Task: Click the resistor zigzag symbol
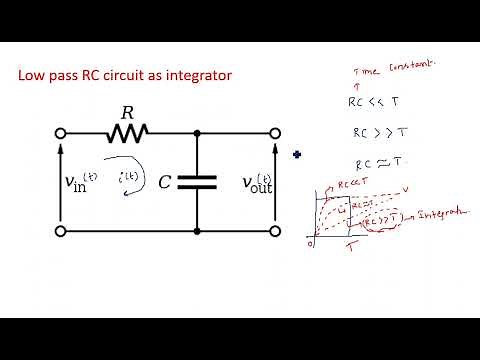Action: coord(128,131)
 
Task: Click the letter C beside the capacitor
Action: coord(166,182)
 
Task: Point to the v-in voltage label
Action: coord(84,182)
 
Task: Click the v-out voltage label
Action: coord(257,182)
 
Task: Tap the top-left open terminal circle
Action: coord(62,132)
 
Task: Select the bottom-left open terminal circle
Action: coord(62,231)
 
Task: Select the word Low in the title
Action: coord(33,75)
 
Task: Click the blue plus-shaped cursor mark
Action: coord(297,154)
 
